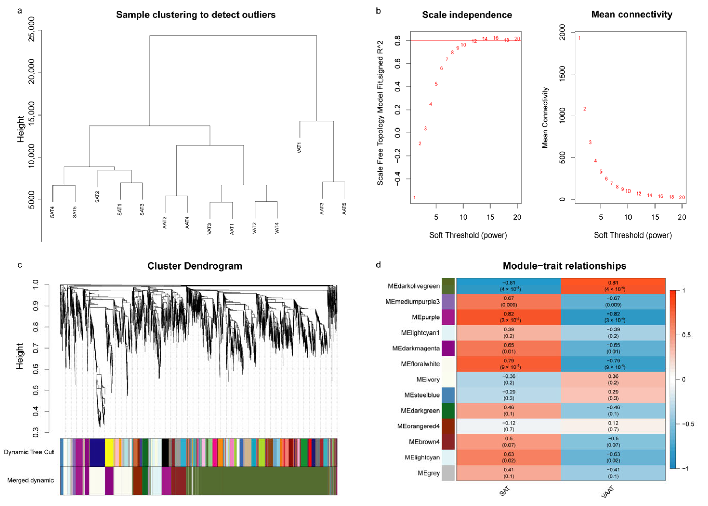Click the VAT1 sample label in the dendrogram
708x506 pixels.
[x=299, y=147]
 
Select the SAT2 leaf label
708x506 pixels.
[x=97, y=197]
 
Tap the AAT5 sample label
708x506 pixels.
[x=344, y=208]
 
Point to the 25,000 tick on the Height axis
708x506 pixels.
[x=32, y=30]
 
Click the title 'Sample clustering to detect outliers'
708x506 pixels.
[x=196, y=15]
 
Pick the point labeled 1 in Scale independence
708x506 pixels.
[x=414, y=197]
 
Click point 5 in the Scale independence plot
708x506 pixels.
[x=436, y=84]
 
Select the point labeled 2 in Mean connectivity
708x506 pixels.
[x=584, y=109]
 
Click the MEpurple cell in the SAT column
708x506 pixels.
[x=508, y=317]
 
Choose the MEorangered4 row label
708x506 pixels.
[x=418, y=426]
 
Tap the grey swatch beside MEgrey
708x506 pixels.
[x=448, y=473]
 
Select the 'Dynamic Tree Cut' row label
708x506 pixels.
[x=29, y=452]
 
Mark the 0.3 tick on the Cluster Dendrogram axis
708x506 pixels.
[x=36, y=432]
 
